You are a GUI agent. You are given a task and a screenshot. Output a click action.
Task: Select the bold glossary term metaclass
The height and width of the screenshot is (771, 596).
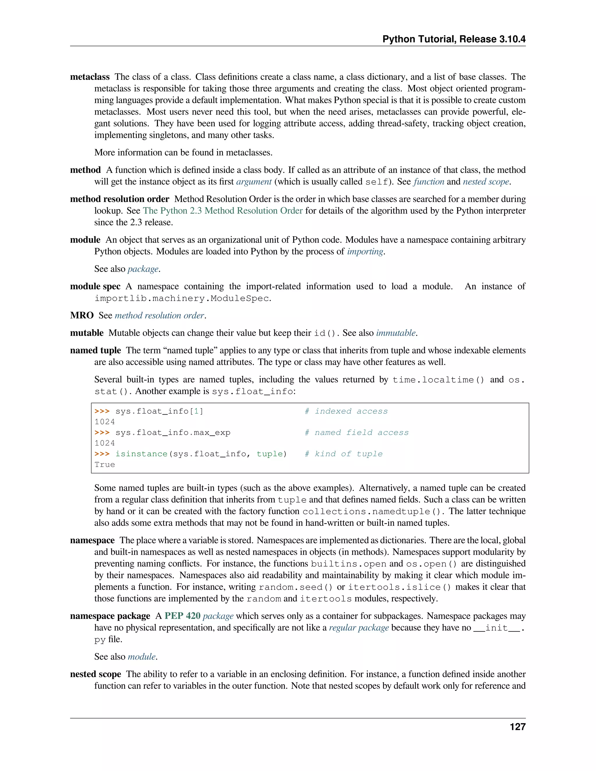click(x=90, y=77)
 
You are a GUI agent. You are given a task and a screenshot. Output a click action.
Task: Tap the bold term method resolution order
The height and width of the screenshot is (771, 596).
click(x=119, y=199)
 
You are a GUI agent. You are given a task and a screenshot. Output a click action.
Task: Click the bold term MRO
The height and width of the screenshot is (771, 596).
click(x=81, y=315)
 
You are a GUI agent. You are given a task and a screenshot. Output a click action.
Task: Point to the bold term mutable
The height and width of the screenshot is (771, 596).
click(x=86, y=333)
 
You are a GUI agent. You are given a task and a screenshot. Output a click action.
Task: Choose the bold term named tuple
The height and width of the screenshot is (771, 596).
click(x=95, y=350)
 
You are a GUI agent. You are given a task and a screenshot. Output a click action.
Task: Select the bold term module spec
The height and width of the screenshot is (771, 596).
click(x=95, y=286)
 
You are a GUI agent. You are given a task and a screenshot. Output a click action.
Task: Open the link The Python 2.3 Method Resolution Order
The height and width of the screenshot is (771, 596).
click(x=222, y=211)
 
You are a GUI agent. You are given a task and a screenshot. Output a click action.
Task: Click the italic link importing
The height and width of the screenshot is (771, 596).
click(x=365, y=251)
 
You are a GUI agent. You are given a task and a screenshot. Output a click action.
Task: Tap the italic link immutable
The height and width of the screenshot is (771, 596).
click(x=395, y=333)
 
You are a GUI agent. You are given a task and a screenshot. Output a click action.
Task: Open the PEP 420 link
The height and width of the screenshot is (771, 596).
click(x=182, y=616)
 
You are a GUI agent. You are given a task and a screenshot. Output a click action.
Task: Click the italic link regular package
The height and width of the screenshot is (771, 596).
click(x=359, y=628)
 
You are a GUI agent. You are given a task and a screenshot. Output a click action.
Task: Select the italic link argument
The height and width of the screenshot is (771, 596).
click(x=253, y=182)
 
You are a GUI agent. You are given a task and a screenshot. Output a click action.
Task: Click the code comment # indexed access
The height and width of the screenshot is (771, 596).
click(x=346, y=411)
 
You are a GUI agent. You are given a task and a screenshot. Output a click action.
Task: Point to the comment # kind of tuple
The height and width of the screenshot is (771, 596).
click(x=344, y=454)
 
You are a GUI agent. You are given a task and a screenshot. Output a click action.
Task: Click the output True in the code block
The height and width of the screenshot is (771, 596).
click(x=104, y=465)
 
